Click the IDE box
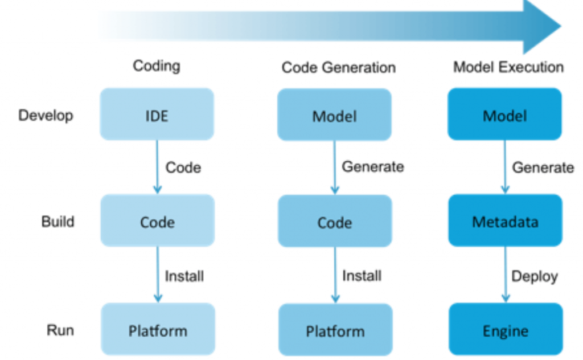click(x=157, y=115)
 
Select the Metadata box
click(x=505, y=221)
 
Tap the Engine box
click(x=505, y=330)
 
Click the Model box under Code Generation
click(x=334, y=116)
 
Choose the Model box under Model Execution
click(x=505, y=116)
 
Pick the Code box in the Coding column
click(x=157, y=222)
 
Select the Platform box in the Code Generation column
click(x=335, y=331)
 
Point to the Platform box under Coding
click(x=158, y=330)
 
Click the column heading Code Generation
click(x=338, y=68)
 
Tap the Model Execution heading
click(x=508, y=67)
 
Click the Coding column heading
click(x=157, y=66)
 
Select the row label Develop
click(x=46, y=116)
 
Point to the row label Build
click(x=58, y=221)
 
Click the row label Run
click(x=60, y=330)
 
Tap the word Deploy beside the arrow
click(x=534, y=277)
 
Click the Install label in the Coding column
click(x=184, y=276)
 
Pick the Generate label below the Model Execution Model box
click(x=543, y=167)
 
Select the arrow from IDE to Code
click(x=158, y=167)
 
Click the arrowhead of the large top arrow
click(x=541, y=26)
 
